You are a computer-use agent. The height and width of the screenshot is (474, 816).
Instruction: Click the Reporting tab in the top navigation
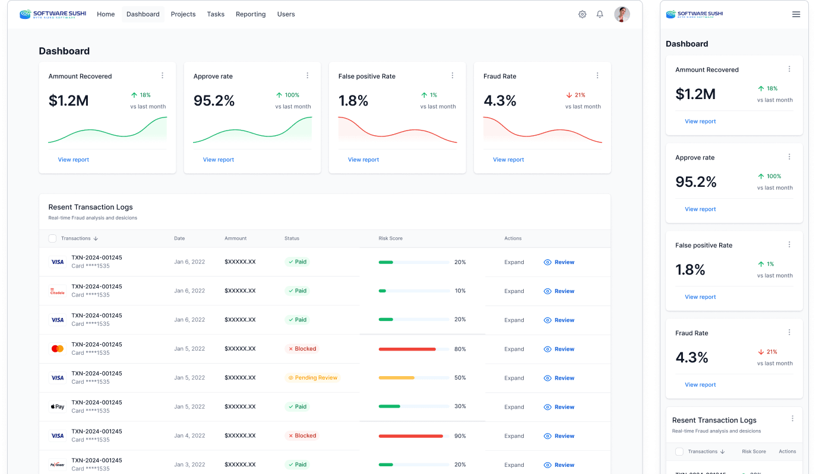coord(251,14)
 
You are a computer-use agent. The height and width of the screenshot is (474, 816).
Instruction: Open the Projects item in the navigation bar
coord(183,14)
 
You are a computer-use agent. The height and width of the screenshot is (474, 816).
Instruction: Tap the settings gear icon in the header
coord(582,14)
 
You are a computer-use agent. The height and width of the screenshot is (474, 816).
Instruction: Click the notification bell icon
coord(600,14)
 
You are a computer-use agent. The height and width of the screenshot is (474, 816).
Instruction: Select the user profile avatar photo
coord(622,14)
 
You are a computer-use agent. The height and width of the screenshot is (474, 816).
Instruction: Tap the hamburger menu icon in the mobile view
coord(796,14)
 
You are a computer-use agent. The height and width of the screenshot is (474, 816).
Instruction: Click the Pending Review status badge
coord(312,378)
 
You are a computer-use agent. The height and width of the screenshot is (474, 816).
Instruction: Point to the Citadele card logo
coord(57,291)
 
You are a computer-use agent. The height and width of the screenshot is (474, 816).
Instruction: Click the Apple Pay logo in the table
coord(57,407)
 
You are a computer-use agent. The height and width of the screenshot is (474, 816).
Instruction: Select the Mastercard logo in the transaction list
coord(57,349)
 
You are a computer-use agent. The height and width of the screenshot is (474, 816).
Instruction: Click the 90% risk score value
coord(460,436)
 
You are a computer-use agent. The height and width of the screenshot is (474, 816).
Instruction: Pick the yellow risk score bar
coord(396,378)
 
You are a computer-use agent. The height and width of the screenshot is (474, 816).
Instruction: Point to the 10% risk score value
coord(460,291)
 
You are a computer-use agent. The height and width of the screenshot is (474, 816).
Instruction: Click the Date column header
coord(179,238)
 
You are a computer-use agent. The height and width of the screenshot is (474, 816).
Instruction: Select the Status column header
coord(292,238)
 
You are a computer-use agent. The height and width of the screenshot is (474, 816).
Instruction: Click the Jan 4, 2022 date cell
coord(189,436)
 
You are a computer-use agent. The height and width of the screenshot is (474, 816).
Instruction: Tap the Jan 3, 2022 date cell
coord(189,465)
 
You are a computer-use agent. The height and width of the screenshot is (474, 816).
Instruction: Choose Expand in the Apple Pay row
coord(514,407)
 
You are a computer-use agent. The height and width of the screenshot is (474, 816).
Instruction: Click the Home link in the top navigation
coord(106,14)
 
